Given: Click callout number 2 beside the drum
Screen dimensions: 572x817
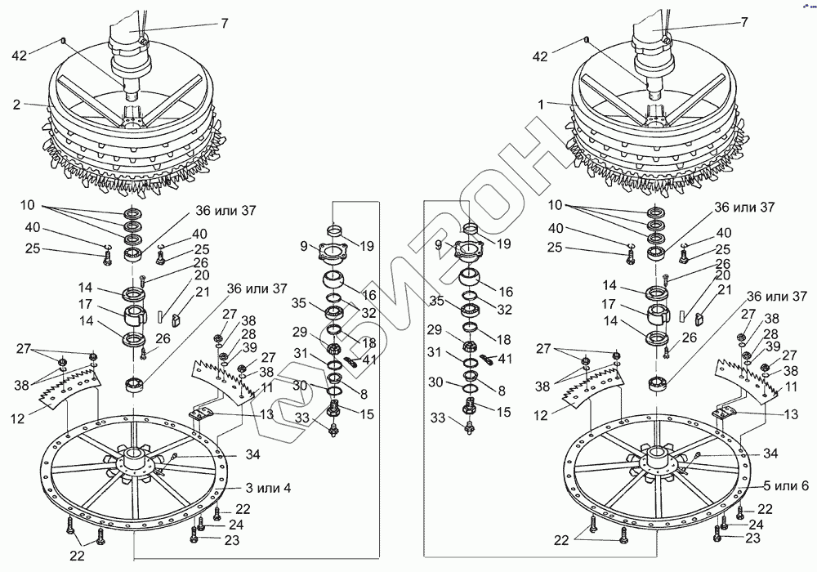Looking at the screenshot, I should [x=16, y=105].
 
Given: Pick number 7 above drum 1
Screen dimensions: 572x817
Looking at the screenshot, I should [x=743, y=23].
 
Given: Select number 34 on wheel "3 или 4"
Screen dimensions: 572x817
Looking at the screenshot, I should [x=230, y=454].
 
